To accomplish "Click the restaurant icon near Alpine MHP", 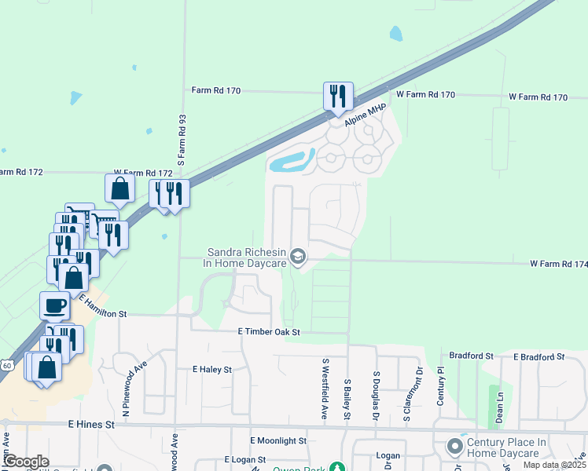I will tap(339, 97).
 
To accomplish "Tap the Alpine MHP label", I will tap(362, 119).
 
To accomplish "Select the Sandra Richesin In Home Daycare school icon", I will tap(298, 255).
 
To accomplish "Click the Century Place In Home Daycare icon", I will tap(454, 447).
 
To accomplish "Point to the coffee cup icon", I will tap(54, 305).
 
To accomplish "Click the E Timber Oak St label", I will tap(270, 333).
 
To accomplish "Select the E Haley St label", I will tap(212, 369).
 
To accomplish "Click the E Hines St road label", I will tap(91, 424).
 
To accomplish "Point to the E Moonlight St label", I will tap(278, 441).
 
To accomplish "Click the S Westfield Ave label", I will tap(324, 389).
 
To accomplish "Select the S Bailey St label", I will tap(347, 399).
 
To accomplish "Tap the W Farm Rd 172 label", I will tap(143, 172).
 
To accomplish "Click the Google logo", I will tap(25, 462).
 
